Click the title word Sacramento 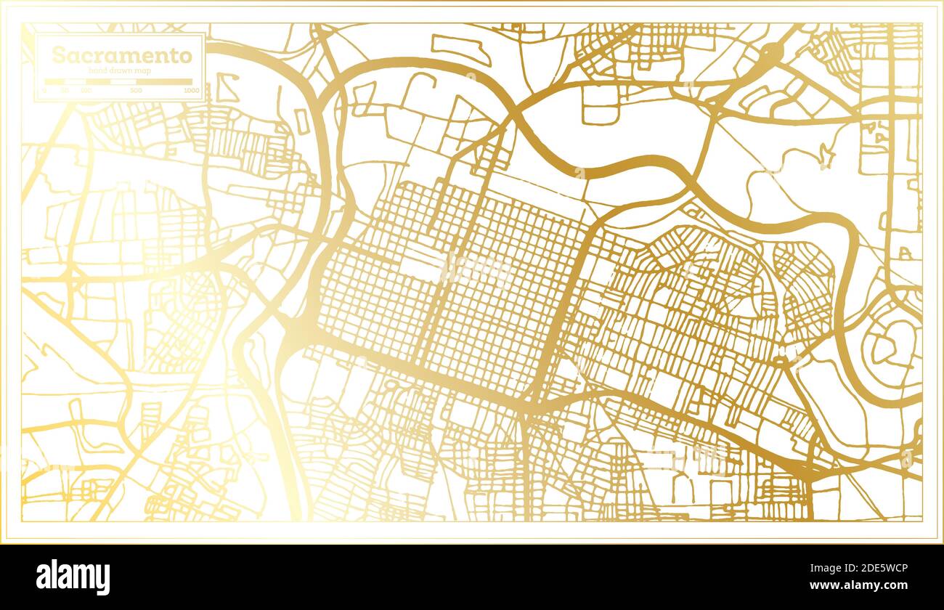point(122,55)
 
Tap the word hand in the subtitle point(98,70)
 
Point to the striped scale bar point(118,81)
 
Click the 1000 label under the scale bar point(191,90)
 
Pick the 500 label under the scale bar point(136,90)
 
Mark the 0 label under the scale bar point(44,90)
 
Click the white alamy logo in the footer point(73,577)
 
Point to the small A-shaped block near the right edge point(904,253)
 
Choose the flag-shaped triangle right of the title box point(227,89)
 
